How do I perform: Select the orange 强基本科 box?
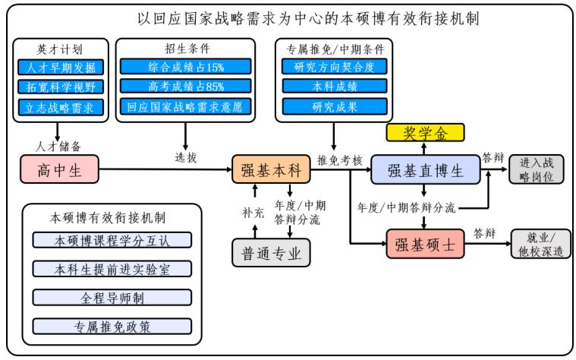[272, 170]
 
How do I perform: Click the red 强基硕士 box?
[423, 244]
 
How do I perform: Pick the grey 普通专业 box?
[272, 254]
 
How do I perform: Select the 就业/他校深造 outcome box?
[540, 244]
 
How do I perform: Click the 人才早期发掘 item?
[59, 68]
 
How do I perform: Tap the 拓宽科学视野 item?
[59, 87]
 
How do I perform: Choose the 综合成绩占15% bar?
[185, 68]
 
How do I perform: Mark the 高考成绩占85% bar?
[185, 87]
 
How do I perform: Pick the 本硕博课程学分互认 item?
[112, 241]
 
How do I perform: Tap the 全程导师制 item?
[112, 298]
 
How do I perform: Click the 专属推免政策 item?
[112, 327]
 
